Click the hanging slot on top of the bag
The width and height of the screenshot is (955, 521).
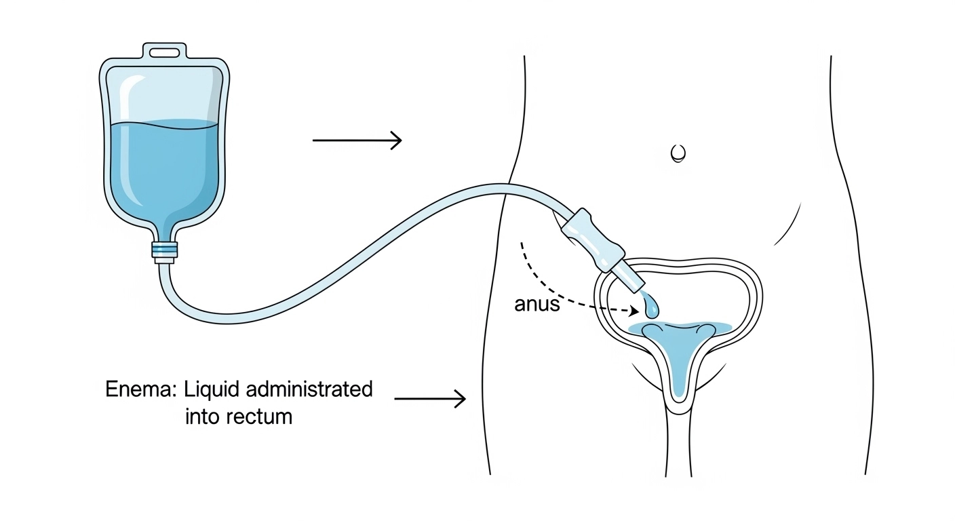tap(163, 52)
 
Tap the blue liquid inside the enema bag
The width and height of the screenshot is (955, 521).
tap(163, 170)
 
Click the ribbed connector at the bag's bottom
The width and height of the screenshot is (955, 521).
tap(165, 250)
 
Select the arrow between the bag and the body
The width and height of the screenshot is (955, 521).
tap(357, 140)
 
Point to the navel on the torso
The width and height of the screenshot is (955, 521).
tap(678, 153)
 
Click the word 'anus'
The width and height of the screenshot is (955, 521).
tap(537, 305)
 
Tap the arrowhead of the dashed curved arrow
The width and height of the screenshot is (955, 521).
tap(634, 311)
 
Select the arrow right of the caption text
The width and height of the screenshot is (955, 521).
tap(430, 399)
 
